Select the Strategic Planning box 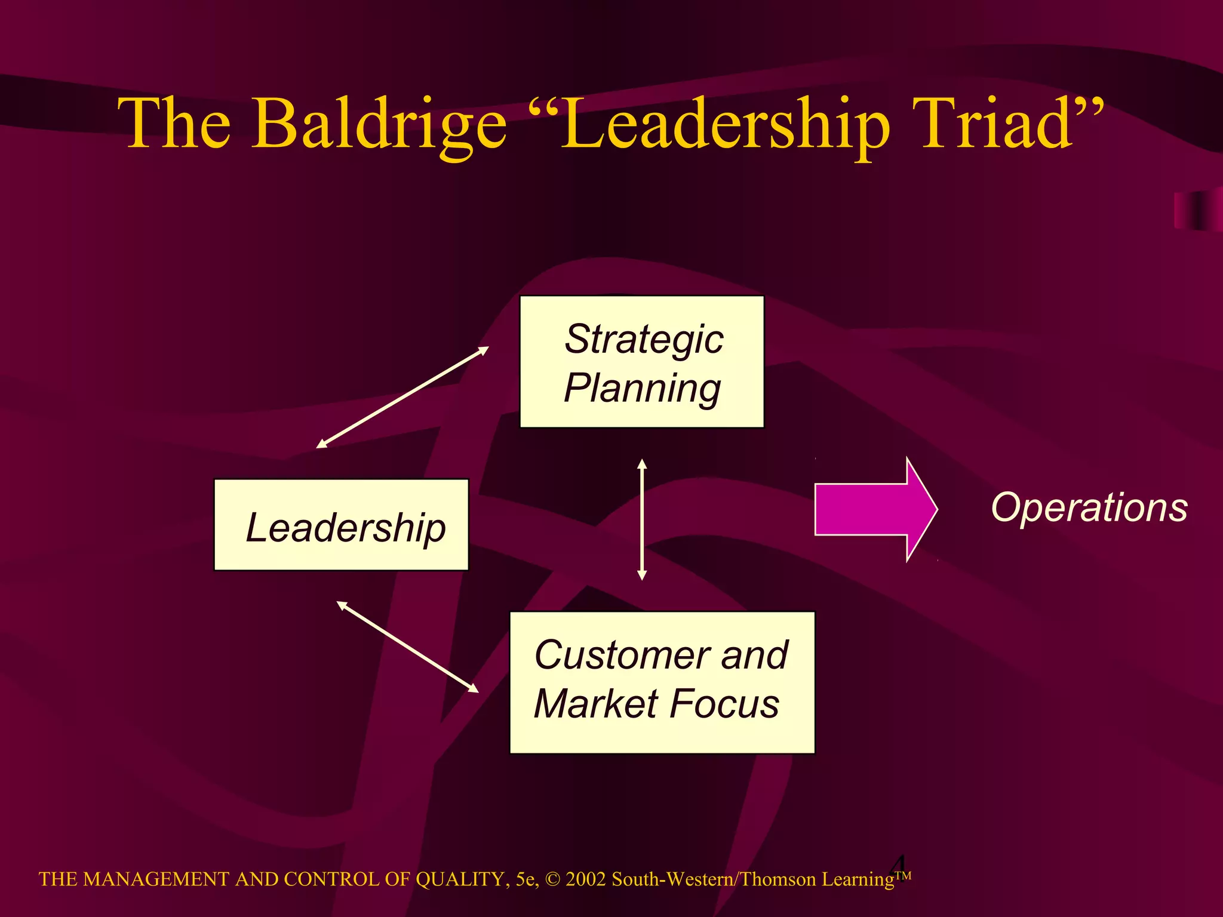coord(642,362)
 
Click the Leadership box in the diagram coord(342,525)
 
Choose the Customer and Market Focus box coord(662,682)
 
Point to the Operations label coord(1089,508)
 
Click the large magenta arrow coord(875,509)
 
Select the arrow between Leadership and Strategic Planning coord(402,397)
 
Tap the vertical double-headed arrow coord(642,519)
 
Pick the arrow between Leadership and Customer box coord(408,647)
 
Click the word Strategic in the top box coord(644,339)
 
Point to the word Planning coord(642,389)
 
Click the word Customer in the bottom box coord(622,655)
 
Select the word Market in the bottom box coord(598,704)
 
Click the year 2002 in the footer coord(586,879)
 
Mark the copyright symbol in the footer coord(553,879)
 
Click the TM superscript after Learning coord(903,876)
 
